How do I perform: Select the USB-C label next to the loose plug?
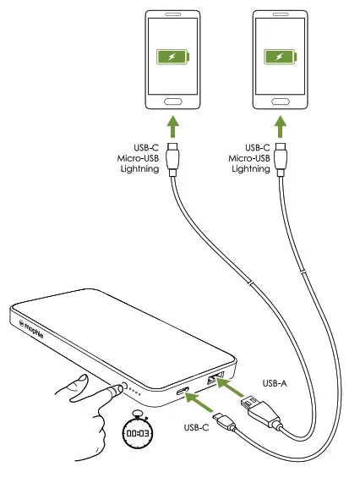point(195,426)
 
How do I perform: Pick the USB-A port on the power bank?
point(212,380)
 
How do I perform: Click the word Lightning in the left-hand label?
point(139,170)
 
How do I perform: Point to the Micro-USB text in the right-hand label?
point(249,158)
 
